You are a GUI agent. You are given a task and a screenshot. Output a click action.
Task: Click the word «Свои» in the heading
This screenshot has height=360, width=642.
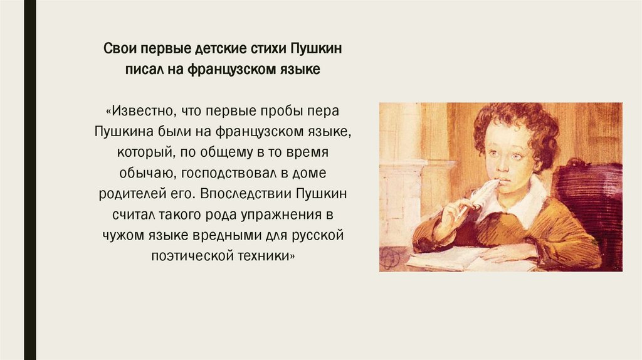point(118,49)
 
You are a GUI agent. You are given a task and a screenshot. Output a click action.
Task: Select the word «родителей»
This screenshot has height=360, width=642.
point(125,194)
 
